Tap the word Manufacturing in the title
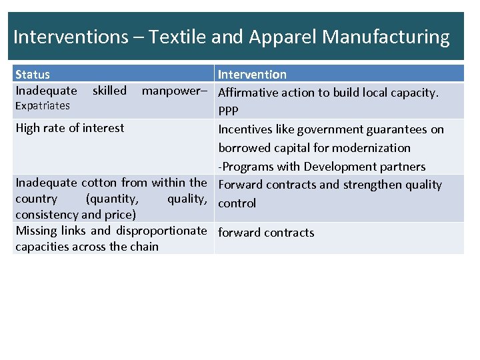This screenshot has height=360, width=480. (x=386, y=37)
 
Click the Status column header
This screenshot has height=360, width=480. (x=33, y=75)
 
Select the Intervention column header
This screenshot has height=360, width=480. (x=252, y=75)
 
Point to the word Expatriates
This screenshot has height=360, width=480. (x=42, y=106)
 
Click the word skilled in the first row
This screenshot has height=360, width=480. (x=109, y=91)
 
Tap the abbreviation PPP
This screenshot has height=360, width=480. (x=228, y=111)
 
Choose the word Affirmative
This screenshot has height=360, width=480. (x=249, y=93)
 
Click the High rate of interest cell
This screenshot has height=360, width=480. (x=70, y=128)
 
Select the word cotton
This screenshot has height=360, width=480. (x=99, y=183)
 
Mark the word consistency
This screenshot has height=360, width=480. (x=45, y=215)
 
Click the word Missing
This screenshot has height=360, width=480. (x=37, y=231)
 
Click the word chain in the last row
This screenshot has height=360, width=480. (x=144, y=247)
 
